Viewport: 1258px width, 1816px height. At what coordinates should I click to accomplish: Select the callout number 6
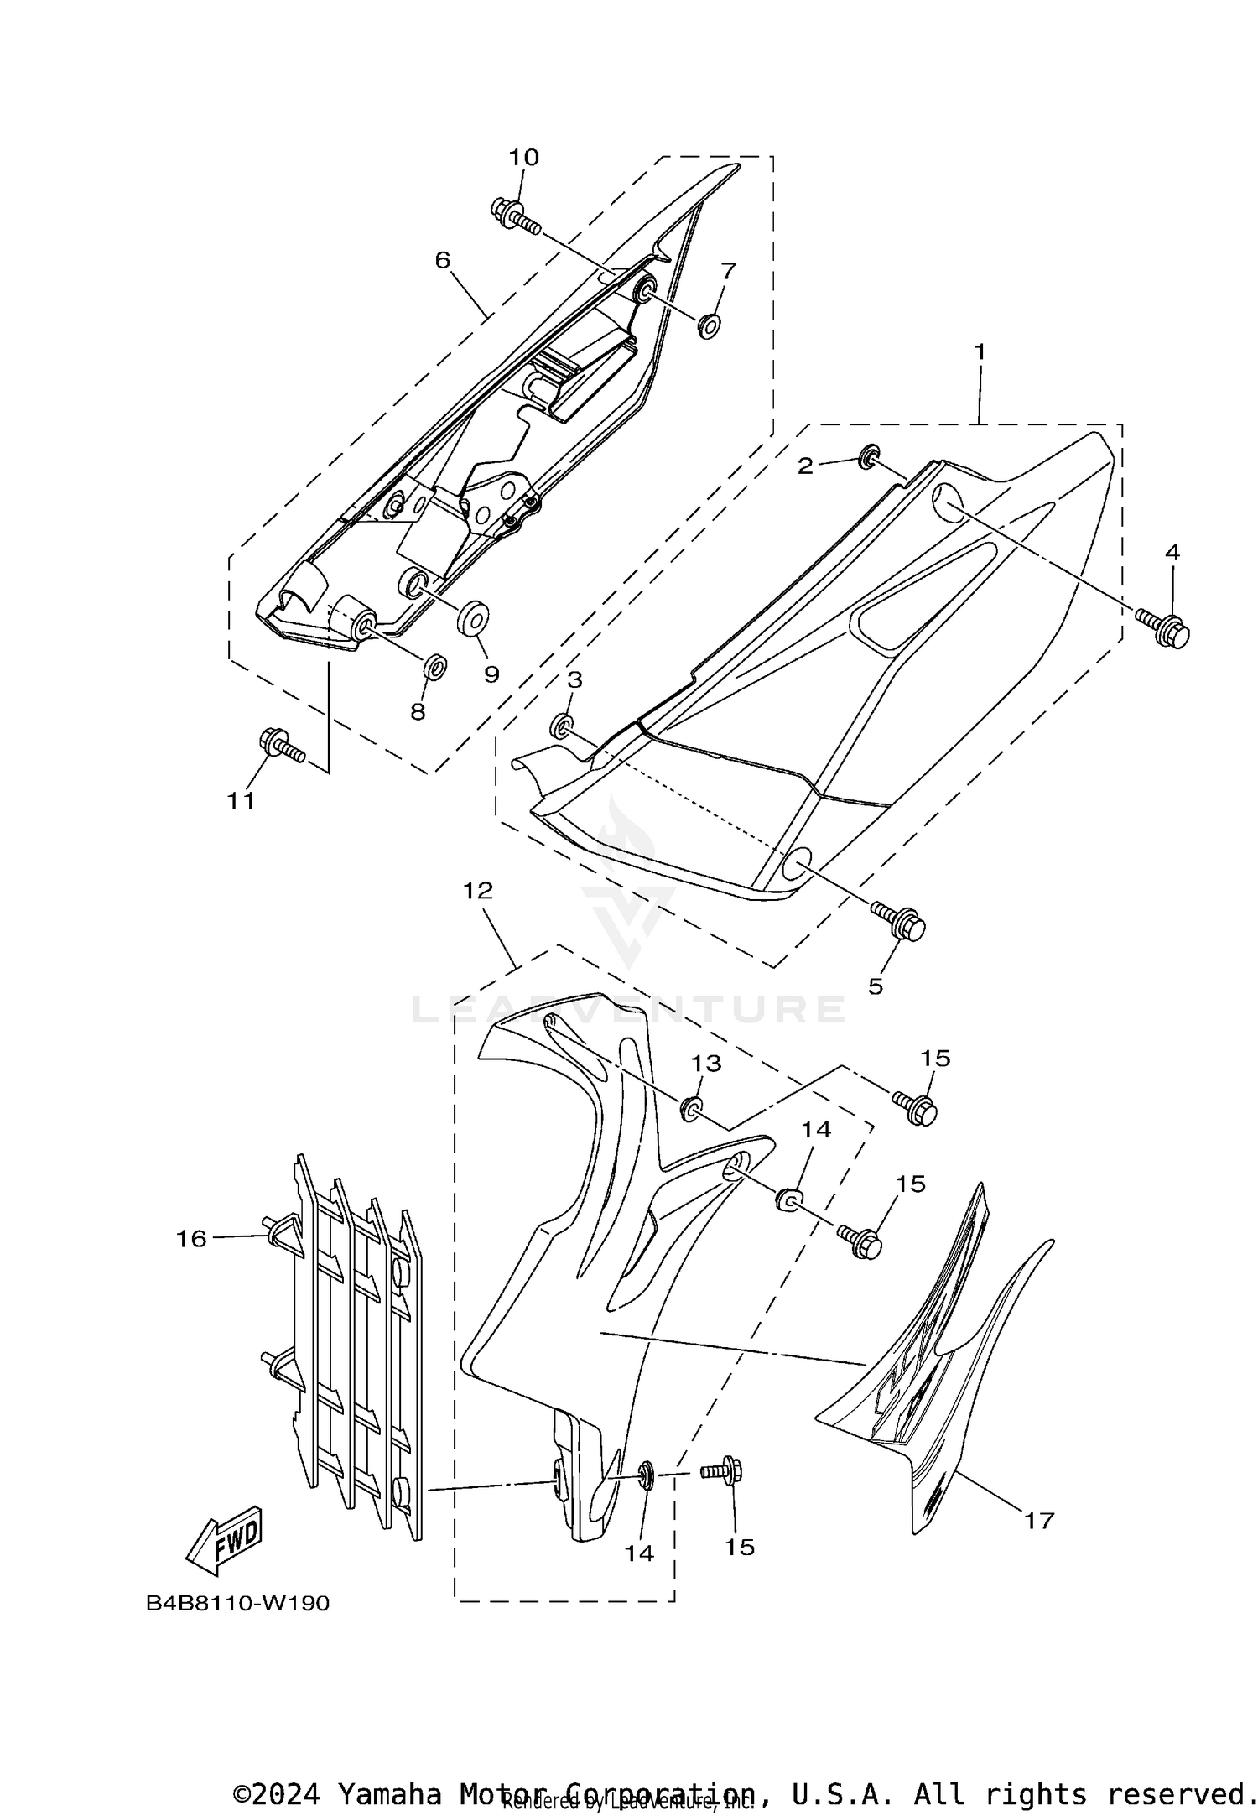coord(443,260)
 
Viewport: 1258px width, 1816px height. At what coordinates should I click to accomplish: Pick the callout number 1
coord(979,351)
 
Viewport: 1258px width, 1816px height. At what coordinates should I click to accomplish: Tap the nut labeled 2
coord(870,455)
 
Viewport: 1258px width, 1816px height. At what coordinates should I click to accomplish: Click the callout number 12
coord(478,891)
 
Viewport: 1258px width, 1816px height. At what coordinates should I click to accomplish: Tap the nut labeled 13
coord(693,1108)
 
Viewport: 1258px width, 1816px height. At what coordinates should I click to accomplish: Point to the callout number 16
coord(191,1238)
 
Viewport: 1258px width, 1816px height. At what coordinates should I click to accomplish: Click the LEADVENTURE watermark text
coord(629,1009)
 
